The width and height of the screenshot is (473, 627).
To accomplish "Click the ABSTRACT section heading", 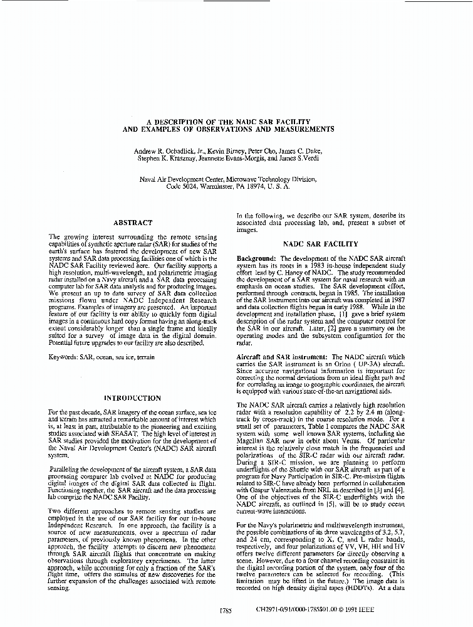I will coord(132,223).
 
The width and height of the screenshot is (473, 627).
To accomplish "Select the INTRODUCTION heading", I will coord(132,398).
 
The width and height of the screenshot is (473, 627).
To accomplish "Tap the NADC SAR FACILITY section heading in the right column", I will coord(321,244).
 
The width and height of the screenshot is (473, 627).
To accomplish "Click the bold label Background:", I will coord(257,258).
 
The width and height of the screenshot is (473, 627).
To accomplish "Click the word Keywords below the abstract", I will coord(63,357).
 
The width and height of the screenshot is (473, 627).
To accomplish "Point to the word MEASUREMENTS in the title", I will coord(293,129).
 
